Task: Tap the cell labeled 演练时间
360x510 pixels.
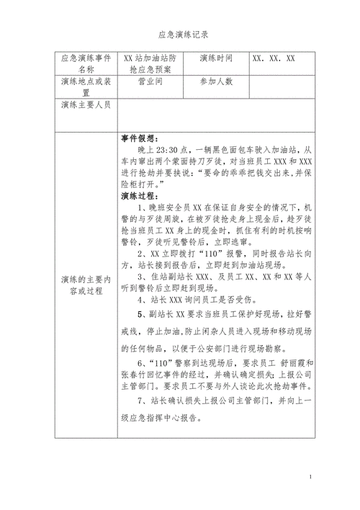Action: [215, 58]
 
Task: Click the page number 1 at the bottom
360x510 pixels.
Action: [310, 478]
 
